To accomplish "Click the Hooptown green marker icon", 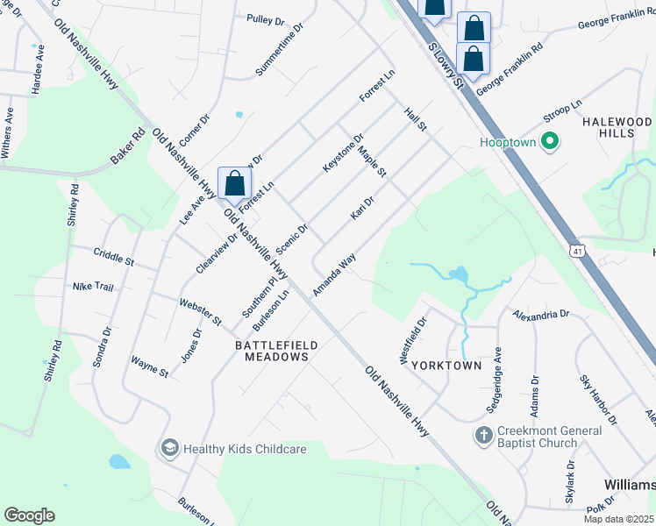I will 550,141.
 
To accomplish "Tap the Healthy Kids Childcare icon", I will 169,448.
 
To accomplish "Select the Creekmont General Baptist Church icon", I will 483,435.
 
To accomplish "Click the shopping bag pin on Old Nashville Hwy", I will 235,184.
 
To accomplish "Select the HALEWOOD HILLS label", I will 618,126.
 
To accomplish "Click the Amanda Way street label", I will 334,274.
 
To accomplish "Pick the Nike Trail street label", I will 93,287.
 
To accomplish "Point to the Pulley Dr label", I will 267,18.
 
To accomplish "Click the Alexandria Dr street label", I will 541,313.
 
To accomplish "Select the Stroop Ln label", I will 563,111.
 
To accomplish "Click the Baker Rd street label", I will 127,148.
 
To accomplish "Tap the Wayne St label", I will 149,366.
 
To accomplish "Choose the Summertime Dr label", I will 279,49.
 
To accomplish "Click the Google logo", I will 29,515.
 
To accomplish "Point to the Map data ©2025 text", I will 618,519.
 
